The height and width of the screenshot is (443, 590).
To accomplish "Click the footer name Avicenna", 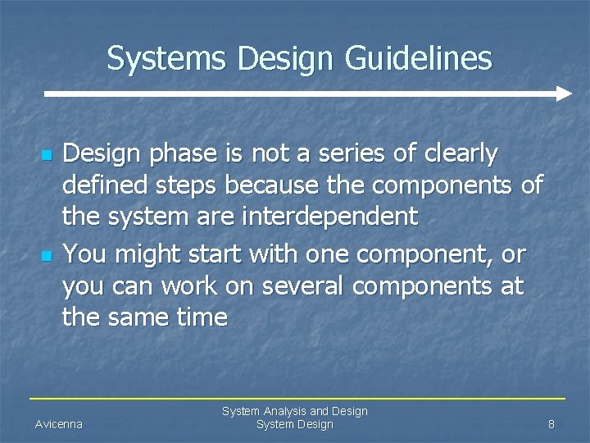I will (x=59, y=424).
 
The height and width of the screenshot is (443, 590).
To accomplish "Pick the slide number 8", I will (x=551, y=424).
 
